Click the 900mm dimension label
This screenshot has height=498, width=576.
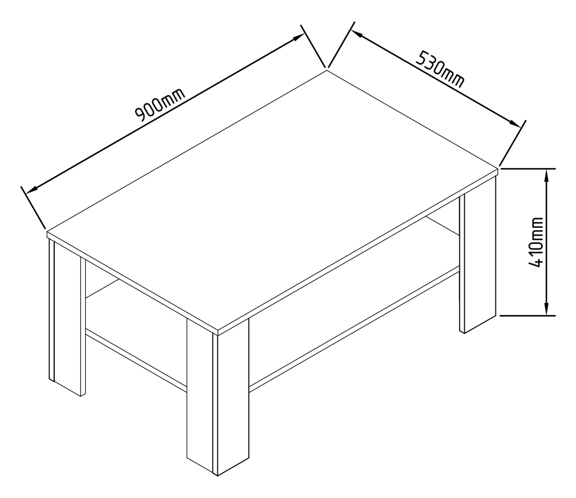[x=160, y=104]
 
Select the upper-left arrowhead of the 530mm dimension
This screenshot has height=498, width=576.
[x=356, y=33]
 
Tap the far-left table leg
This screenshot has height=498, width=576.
[x=67, y=316]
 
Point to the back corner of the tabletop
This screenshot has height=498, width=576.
[x=327, y=70]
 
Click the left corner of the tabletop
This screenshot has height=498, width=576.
[x=47, y=232]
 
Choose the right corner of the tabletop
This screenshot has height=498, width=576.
[x=498, y=169]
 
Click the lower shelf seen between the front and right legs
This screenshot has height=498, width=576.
[x=355, y=327]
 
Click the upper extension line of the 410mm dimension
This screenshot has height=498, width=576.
[x=528, y=168]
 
